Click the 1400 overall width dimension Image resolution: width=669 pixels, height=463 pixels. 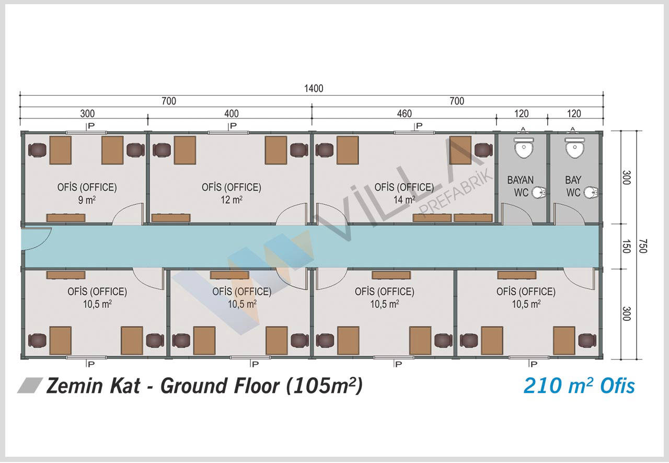[x=314, y=88]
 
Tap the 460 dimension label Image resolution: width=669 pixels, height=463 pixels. [x=405, y=113]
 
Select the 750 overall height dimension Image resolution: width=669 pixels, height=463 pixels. [x=643, y=246]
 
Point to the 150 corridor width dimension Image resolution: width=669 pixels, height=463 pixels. [x=626, y=246]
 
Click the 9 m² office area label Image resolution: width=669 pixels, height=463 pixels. [x=87, y=200]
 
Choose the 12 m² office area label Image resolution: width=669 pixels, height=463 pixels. [x=232, y=200]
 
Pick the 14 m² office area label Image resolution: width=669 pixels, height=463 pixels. [x=404, y=200]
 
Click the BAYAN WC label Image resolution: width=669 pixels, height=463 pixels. [x=521, y=187]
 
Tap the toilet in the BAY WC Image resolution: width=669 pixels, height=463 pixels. [x=574, y=147]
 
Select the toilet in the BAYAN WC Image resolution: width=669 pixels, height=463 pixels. [x=524, y=147]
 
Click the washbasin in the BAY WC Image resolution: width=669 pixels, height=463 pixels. [x=591, y=192]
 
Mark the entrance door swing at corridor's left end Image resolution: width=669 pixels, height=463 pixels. [x=37, y=238]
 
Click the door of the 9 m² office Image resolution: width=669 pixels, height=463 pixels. [x=128, y=214]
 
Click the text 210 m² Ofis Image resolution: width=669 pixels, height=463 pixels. [x=579, y=386]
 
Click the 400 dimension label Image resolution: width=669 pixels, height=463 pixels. [x=232, y=113]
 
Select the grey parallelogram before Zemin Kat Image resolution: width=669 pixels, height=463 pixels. [x=30, y=386]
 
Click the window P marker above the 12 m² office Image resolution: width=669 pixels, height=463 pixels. [x=233, y=126]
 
